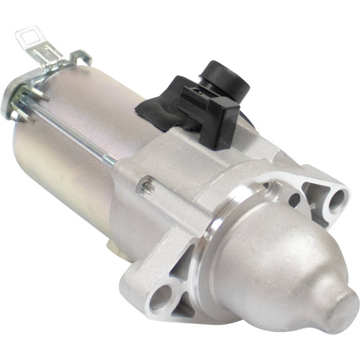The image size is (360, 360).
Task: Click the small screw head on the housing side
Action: [x=147, y=185]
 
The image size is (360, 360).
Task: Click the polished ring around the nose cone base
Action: [x=216, y=238]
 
